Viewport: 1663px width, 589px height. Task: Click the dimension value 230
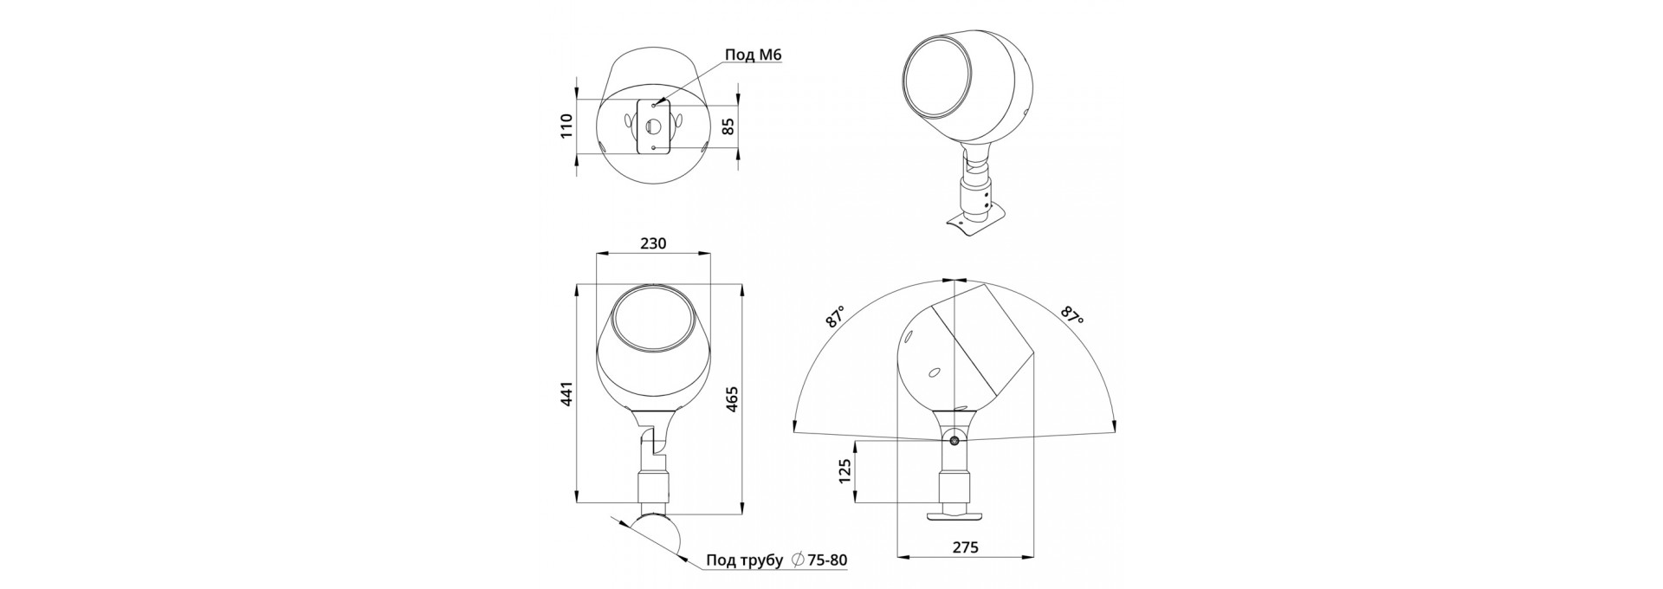(x=653, y=243)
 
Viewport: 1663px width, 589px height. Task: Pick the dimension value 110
(x=567, y=126)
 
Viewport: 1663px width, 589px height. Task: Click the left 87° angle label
(x=836, y=317)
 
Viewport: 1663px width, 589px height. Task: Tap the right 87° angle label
(x=1072, y=315)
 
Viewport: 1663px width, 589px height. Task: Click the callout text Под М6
(x=754, y=55)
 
